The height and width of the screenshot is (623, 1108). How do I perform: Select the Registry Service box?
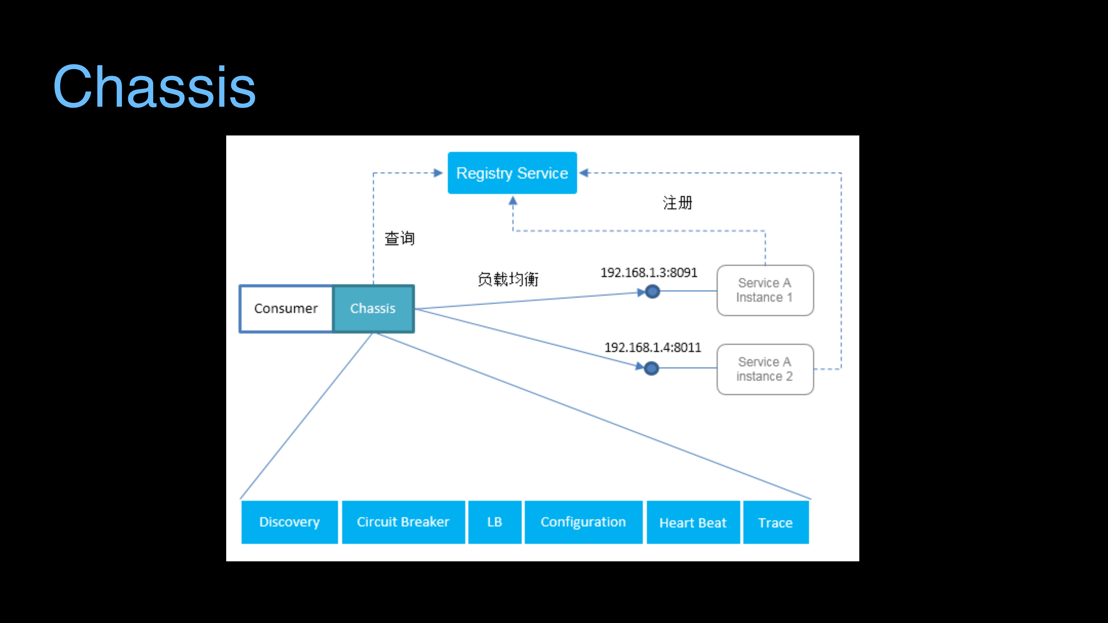[x=512, y=173]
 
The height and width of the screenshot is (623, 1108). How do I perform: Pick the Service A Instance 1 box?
[x=765, y=290]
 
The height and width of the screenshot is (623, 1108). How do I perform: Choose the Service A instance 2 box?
[x=765, y=369]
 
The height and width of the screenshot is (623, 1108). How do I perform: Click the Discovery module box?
[x=289, y=522]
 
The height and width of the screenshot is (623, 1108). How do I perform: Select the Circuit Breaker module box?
[x=403, y=522]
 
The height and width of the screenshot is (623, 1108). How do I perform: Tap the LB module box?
[x=495, y=522]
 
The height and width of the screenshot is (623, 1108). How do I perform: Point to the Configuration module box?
[x=583, y=522]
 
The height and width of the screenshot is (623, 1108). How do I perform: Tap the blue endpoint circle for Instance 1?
[x=653, y=292]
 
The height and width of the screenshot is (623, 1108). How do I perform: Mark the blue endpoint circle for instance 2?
[x=652, y=369]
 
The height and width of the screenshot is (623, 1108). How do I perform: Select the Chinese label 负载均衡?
[x=508, y=279]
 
